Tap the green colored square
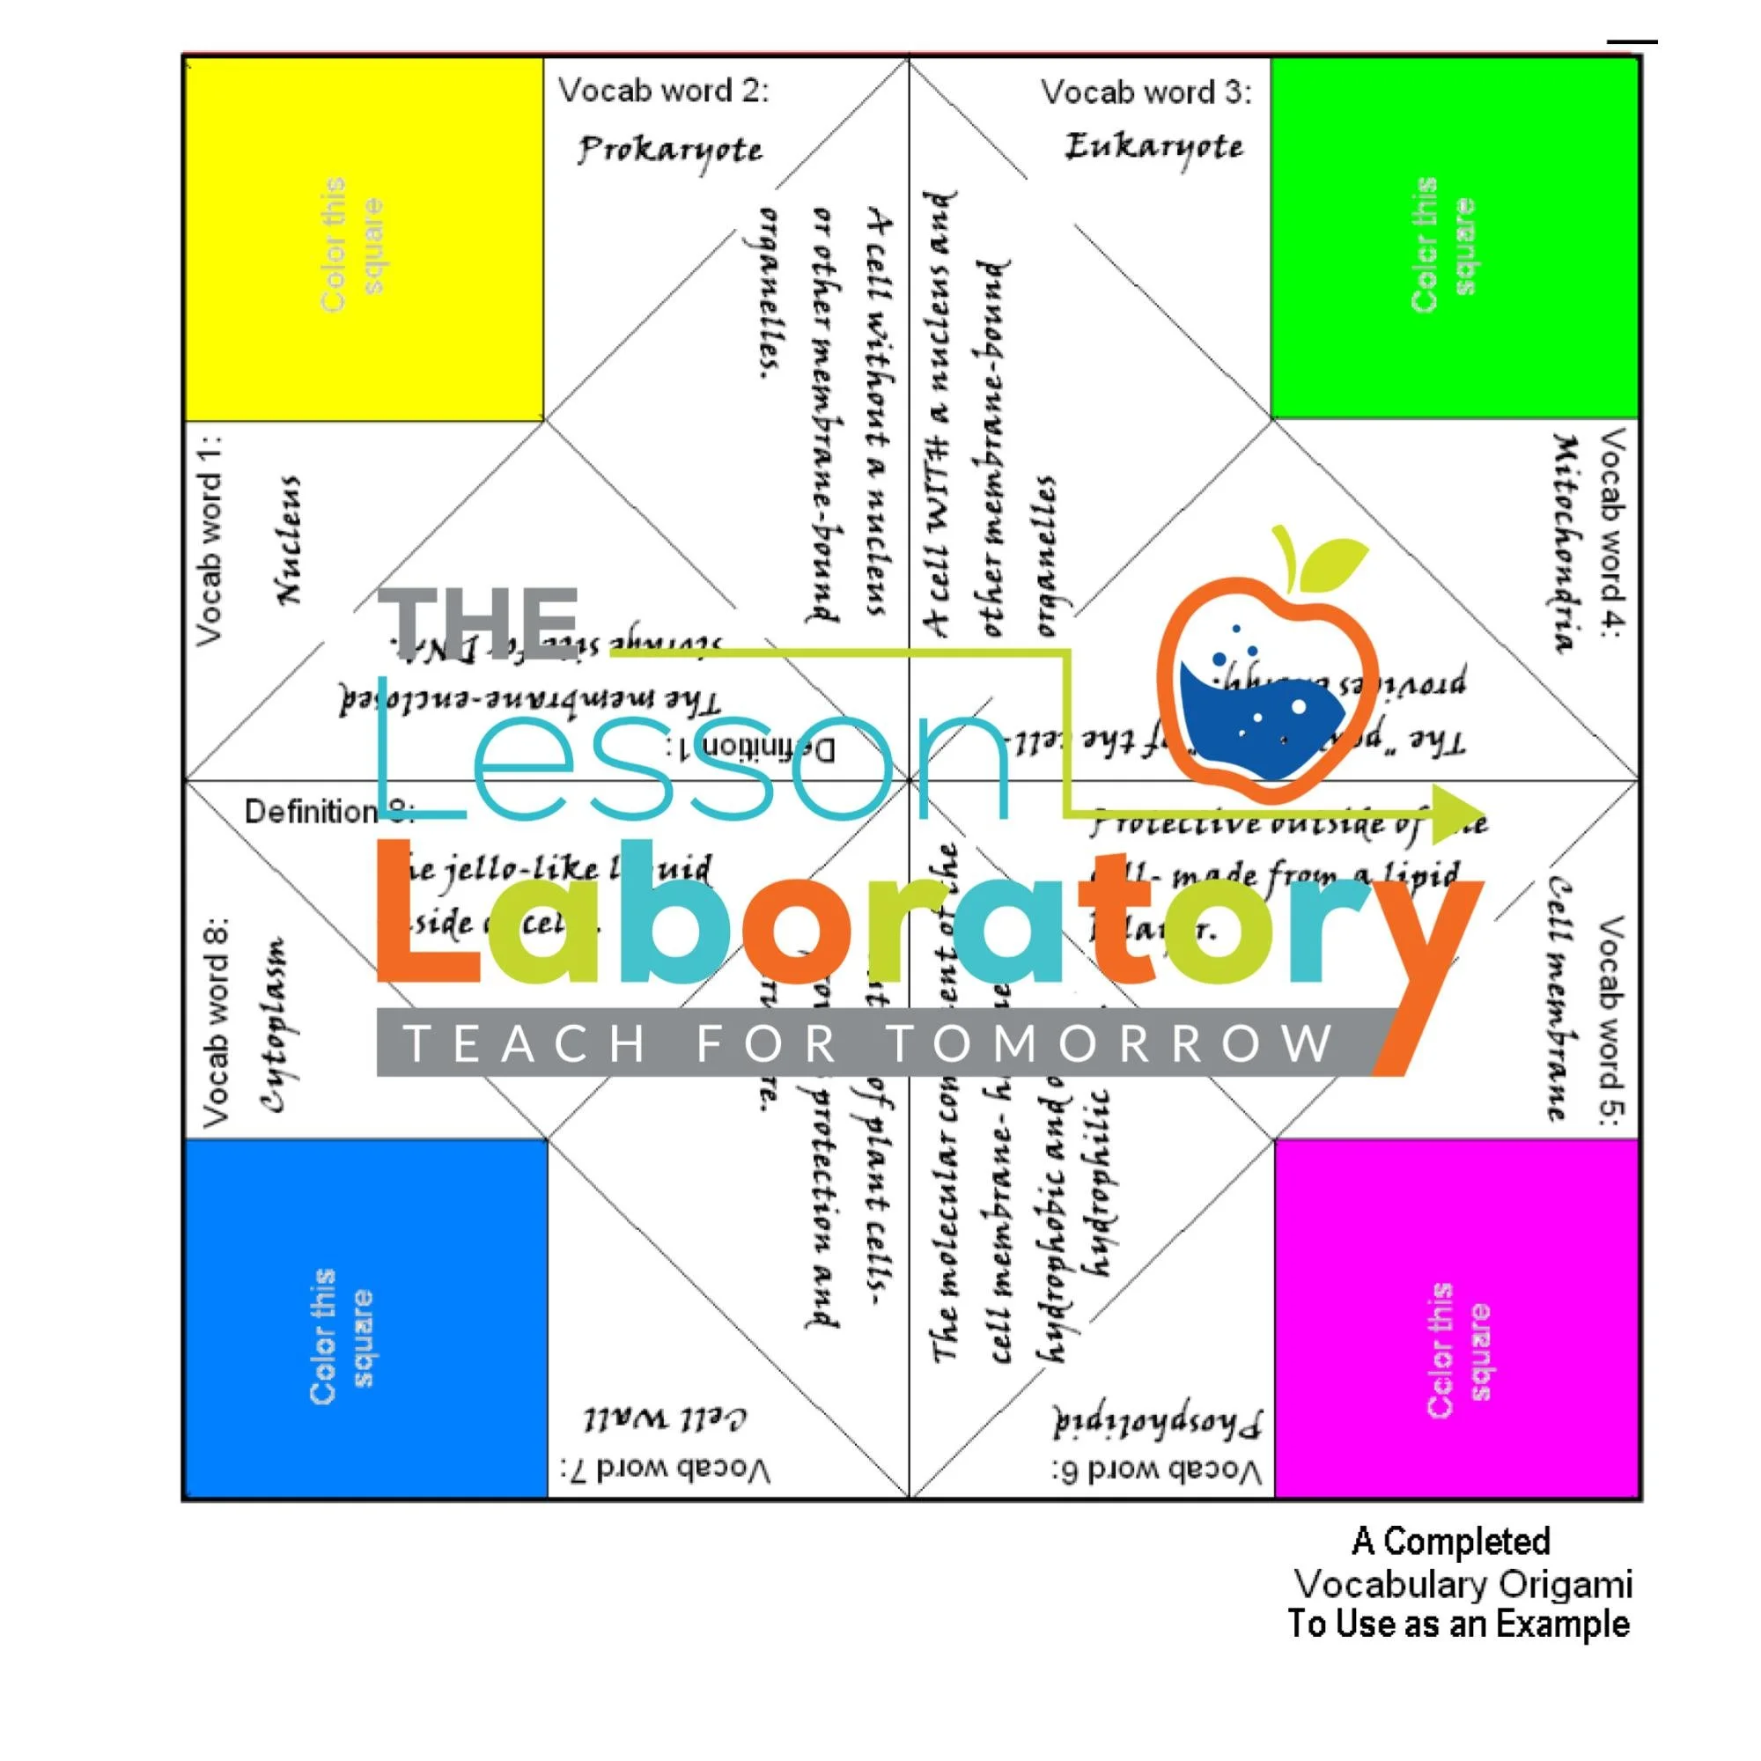pyautogui.click(x=1453, y=237)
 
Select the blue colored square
pyautogui.click(x=365, y=1318)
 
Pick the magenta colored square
pyautogui.click(x=1455, y=1318)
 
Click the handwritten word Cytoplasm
pyautogui.click(x=274, y=1025)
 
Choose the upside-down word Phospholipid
pyautogui.click(x=1158, y=1422)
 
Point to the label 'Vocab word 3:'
pyautogui.click(x=1146, y=92)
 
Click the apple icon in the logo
pyautogui.click(x=1267, y=693)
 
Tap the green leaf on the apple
pyautogui.click(x=1332, y=562)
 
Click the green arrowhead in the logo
pyautogui.click(x=1456, y=813)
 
